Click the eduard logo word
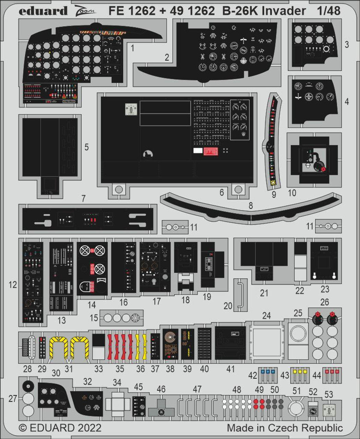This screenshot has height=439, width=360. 43,11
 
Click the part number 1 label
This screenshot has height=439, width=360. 132,48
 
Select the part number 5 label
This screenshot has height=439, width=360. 86,147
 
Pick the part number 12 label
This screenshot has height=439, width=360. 13,285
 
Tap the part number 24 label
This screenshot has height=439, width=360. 266,315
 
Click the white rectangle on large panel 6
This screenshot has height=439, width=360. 198,150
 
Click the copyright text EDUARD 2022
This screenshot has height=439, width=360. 60,428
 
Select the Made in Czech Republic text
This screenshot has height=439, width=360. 285,428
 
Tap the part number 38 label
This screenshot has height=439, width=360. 170,369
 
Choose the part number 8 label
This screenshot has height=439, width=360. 251,205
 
